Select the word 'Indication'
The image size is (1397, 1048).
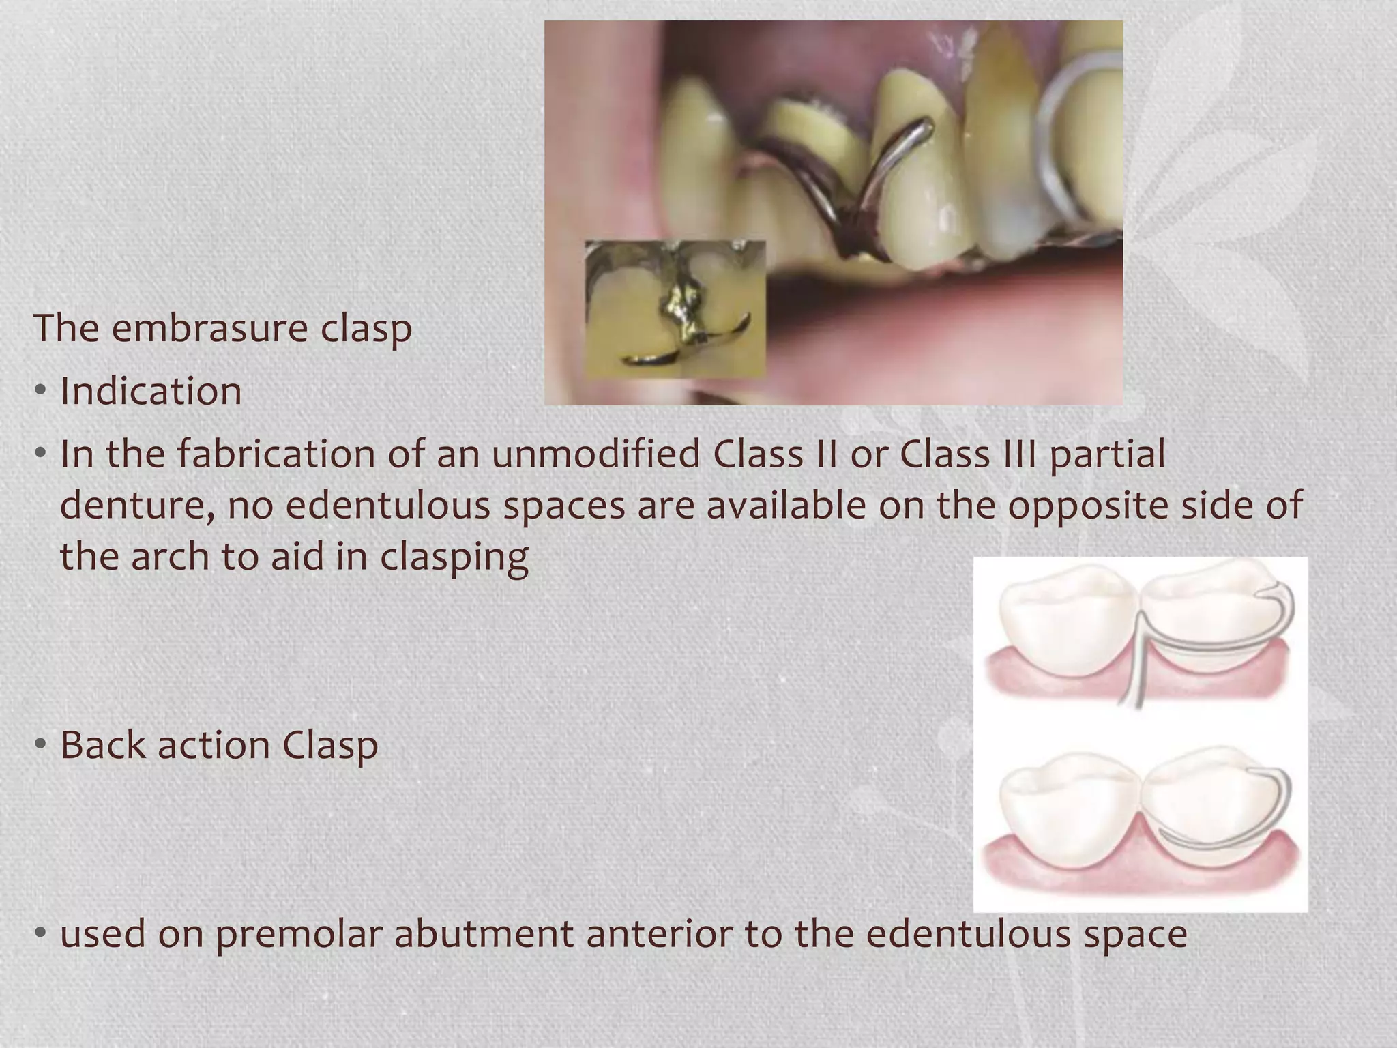pyautogui.click(x=151, y=391)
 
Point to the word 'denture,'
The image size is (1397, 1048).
pyautogui.click(x=137, y=505)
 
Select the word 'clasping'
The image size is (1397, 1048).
pyautogui.click(x=454, y=557)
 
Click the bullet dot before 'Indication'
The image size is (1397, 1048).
pyautogui.click(x=41, y=391)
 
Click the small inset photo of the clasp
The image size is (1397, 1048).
pyautogui.click(x=675, y=308)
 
